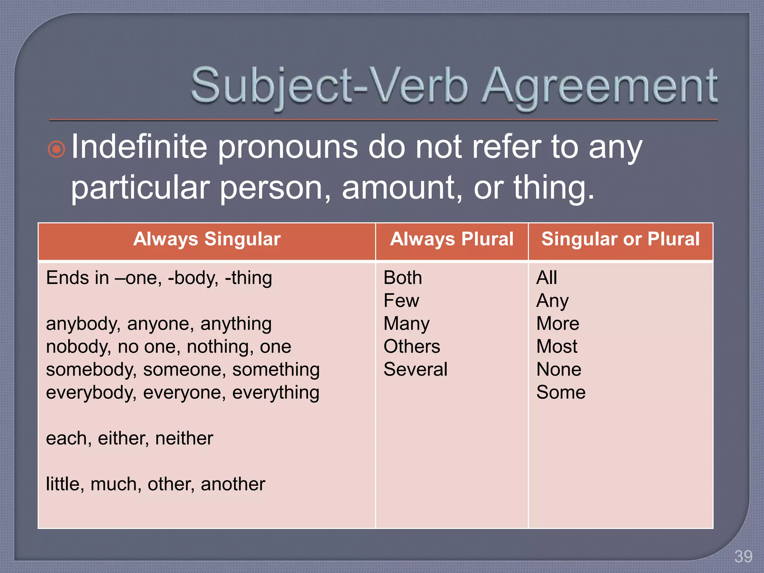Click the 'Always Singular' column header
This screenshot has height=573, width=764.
[207, 239]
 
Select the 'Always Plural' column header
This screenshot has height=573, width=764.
[452, 239]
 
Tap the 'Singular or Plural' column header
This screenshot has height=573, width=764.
[620, 239]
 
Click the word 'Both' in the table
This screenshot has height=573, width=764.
[403, 278]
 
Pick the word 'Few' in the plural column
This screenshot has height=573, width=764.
[401, 301]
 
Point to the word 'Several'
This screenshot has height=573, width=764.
[415, 370]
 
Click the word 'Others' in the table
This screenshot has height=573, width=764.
[411, 347]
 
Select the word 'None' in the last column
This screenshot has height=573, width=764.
[558, 370]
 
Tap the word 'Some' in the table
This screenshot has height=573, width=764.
[561, 392]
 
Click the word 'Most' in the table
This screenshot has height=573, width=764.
[557, 347]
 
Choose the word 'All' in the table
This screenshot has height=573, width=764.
[547, 278]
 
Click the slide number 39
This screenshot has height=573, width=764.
[743, 557]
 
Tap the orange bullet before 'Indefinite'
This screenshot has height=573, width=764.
[57, 150]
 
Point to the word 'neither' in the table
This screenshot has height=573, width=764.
[184, 438]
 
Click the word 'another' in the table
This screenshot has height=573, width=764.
[233, 484]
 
